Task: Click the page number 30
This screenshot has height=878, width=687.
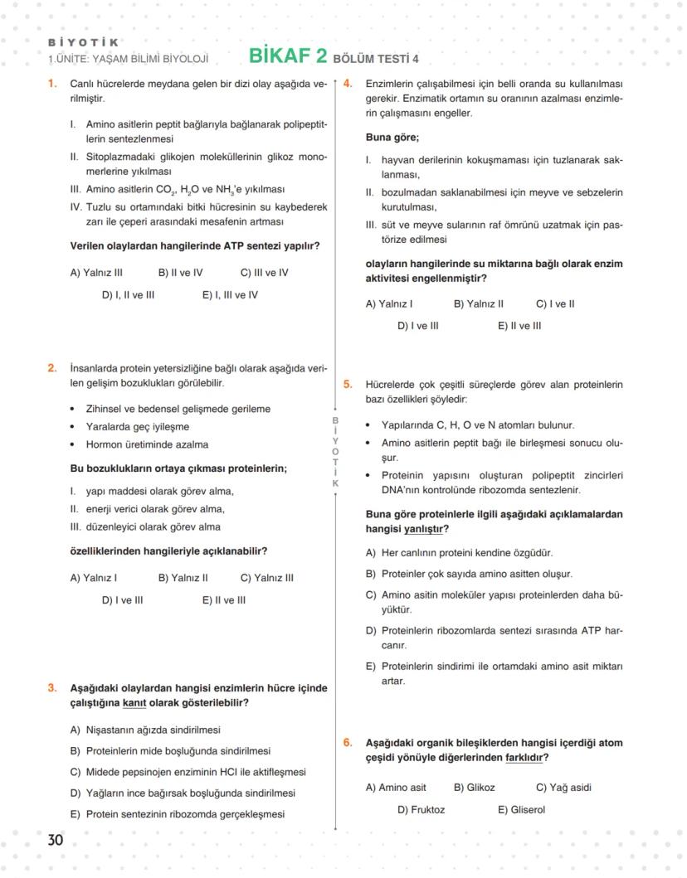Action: tap(55, 840)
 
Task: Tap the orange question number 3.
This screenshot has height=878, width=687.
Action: tap(52, 687)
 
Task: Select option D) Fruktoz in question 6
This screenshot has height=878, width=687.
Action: tap(421, 809)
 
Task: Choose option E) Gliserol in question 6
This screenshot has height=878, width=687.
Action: tap(521, 809)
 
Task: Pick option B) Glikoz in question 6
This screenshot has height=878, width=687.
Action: tap(474, 788)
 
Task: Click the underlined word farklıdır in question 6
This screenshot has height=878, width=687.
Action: tap(526, 758)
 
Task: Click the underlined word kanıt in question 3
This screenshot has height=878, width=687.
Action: tap(134, 703)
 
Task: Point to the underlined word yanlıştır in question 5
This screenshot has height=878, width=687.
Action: tap(423, 529)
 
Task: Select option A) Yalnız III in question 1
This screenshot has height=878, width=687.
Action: tap(96, 272)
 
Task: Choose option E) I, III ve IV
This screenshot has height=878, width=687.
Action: tap(230, 294)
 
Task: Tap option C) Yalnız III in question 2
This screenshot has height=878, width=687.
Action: tap(266, 578)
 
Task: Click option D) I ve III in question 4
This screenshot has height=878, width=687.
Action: tap(417, 326)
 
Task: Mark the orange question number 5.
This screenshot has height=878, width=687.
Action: tap(348, 384)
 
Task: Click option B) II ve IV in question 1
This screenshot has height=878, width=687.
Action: tap(180, 272)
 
